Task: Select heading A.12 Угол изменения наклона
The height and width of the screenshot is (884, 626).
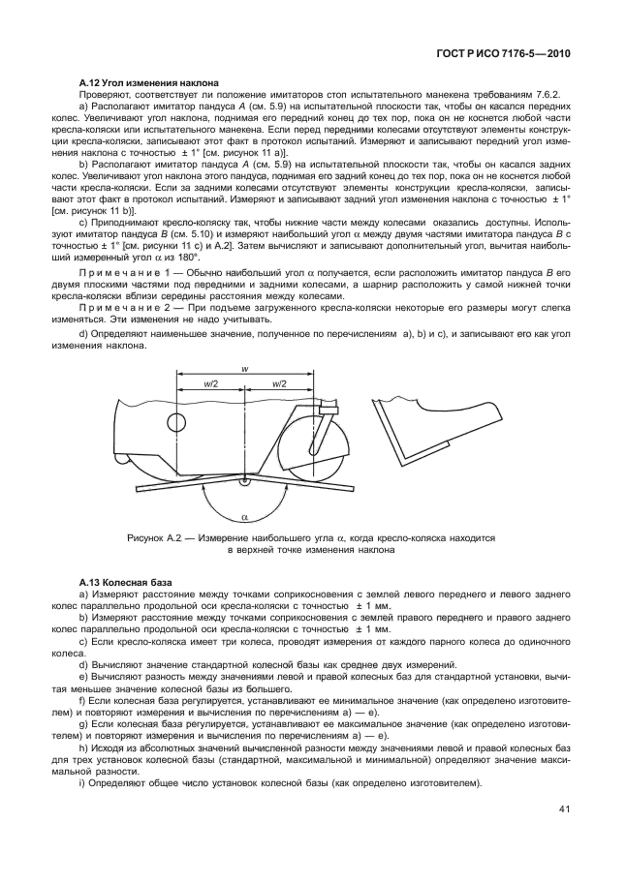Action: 148,82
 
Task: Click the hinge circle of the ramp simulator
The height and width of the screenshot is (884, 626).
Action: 245,479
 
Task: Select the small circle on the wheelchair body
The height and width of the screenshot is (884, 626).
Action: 177,423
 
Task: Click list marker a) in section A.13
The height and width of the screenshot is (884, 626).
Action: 83,593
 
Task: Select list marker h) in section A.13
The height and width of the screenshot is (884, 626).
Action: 83,748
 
